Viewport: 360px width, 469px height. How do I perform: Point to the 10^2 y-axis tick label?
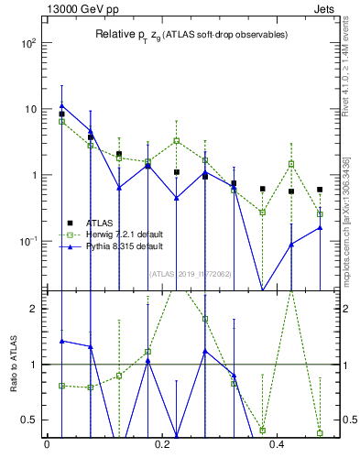[28, 43]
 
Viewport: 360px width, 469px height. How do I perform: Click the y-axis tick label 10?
[30, 109]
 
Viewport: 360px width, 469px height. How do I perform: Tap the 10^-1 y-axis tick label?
[28, 241]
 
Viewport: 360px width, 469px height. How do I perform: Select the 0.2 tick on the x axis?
[162, 446]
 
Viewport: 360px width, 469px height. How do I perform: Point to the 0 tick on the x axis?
[47, 446]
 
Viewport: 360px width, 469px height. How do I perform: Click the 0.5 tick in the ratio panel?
[32, 420]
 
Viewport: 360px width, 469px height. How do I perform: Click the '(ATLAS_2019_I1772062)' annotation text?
[191, 273]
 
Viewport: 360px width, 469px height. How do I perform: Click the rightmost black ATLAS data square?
[320, 190]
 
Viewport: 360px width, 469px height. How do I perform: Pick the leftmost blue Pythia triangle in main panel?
[61, 105]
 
